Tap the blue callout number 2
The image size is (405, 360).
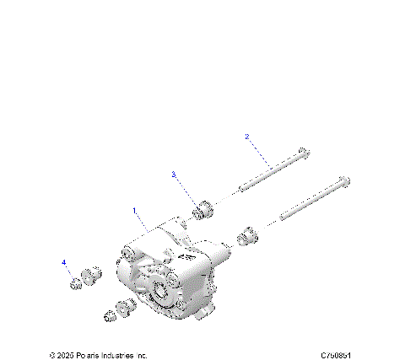coord(247,137)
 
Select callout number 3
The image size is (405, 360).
coord(174,175)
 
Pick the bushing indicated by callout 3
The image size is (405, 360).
coord(202,209)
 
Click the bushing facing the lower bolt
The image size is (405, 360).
coord(246,237)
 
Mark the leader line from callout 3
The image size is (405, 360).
coord(186,190)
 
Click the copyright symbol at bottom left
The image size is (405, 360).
coord(51,355)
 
